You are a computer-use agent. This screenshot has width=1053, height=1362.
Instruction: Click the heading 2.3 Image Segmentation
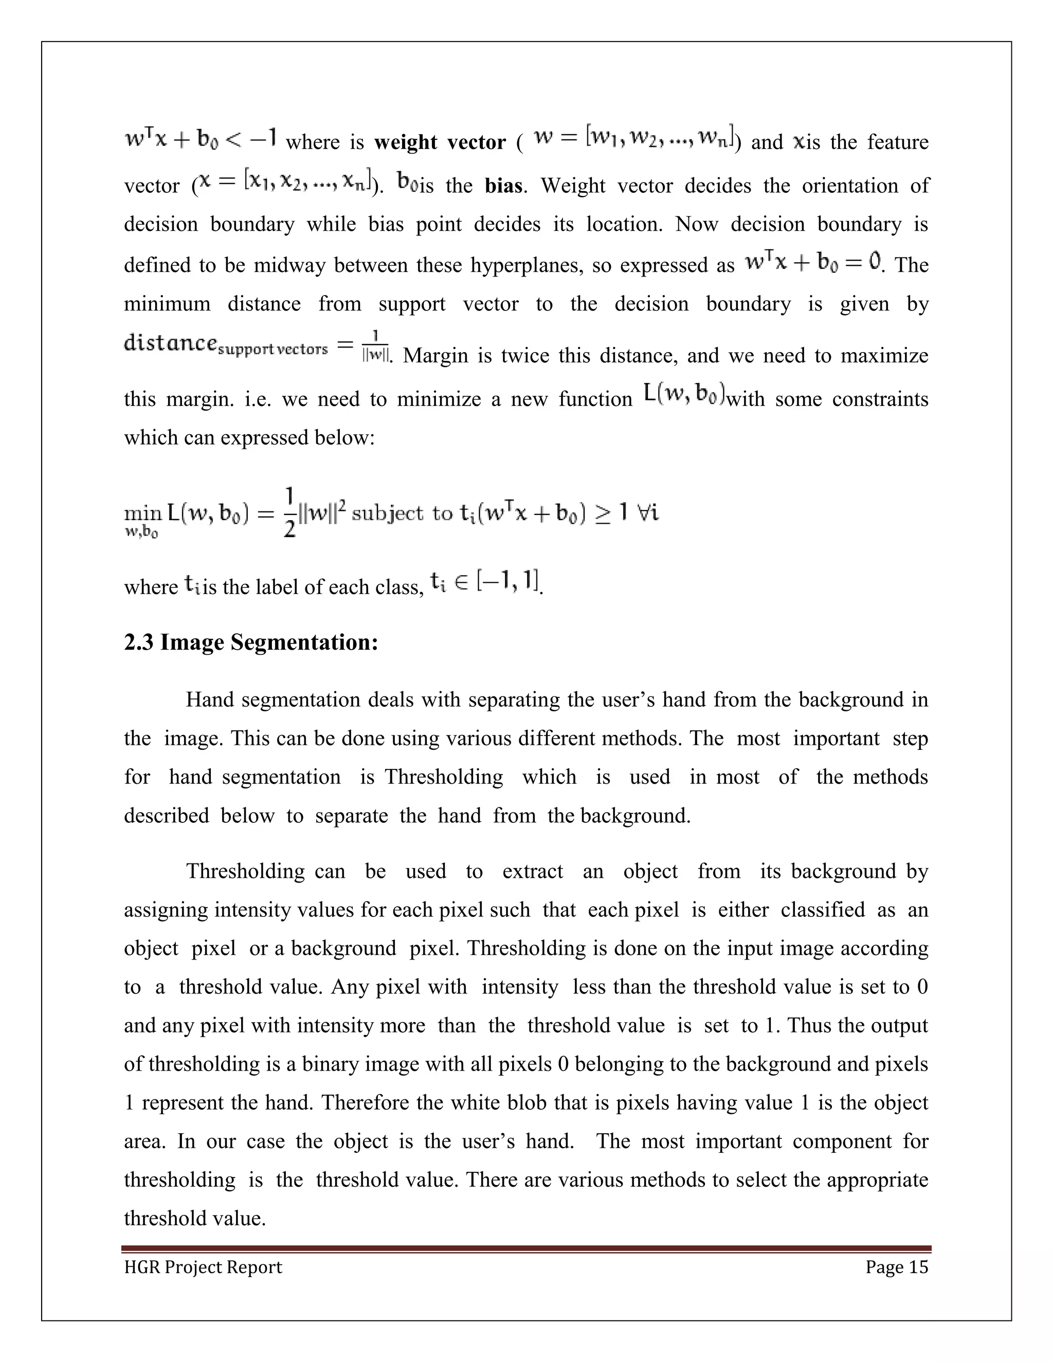tap(251, 642)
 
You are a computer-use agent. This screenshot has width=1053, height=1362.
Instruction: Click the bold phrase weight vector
tap(439, 142)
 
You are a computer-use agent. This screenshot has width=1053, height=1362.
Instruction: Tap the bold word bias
tap(503, 186)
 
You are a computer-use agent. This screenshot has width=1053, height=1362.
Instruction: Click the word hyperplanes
tap(526, 265)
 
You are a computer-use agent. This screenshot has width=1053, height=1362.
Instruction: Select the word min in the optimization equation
tap(143, 514)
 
